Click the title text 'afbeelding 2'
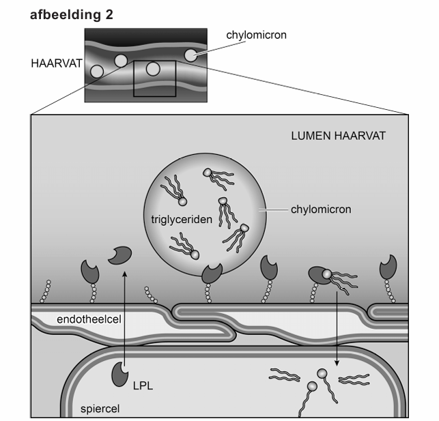pos(72,14)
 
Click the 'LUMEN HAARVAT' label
pos(337,136)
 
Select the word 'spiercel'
pos(99,409)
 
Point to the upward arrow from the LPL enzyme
pos(124,314)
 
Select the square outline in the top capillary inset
pos(155,78)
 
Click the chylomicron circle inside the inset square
pos(154,68)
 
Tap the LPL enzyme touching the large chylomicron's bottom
pos(212,274)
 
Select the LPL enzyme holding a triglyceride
pos(318,275)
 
